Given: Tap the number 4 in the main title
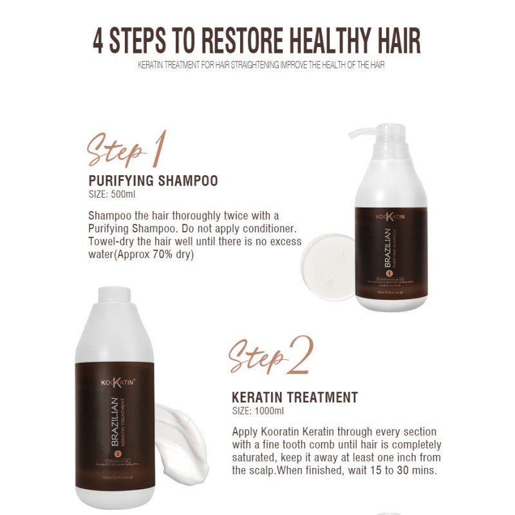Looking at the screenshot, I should pyautogui.click(x=99, y=40).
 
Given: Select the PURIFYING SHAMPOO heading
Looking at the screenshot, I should pyautogui.click(x=153, y=181).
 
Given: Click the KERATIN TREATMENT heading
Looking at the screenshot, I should pyautogui.click(x=295, y=397).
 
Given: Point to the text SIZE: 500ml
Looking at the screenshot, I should pyautogui.click(x=112, y=194).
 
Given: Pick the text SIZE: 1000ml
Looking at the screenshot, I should pyautogui.click(x=257, y=411).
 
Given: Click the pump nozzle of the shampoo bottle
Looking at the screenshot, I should pyautogui.click(x=360, y=133).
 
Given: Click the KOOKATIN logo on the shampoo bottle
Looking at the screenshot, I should pyautogui.click(x=391, y=217).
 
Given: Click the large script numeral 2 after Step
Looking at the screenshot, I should pyautogui.click(x=300, y=355).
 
